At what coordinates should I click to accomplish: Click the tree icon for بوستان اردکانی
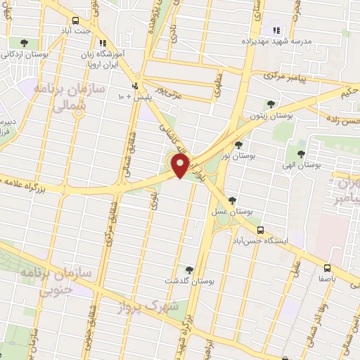pyautogui.click(x=25, y=42)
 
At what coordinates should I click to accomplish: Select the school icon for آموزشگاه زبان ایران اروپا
pyautogui.click(x=103, y=43)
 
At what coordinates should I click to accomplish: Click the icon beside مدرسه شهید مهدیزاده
pyautogui.click(x=276, y=30)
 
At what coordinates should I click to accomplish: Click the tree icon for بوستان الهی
pyautogui.click(x=301, y=153)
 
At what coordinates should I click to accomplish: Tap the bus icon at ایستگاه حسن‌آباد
pyautogui.click(x=260, y=229)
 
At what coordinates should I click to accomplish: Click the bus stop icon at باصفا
pyautogui.click(x=327, y=267)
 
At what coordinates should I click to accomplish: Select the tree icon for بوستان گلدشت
pyautogui.click(x=188, y=269)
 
